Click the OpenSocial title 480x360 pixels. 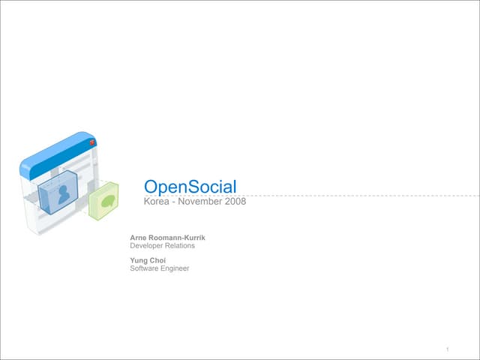(190, 187)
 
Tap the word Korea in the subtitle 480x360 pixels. (157, 202)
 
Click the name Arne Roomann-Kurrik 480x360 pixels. (167, 238)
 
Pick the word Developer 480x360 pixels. (146, 246)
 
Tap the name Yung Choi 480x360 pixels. (148, 260)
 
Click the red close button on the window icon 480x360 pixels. (92, 142)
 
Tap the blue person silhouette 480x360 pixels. (64, 195)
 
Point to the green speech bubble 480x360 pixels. (107, 201)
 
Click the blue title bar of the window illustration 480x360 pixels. (58, 155)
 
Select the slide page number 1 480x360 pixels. (448, 349)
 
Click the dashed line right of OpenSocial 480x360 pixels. (358, 196)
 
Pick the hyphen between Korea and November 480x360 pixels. (173, 202)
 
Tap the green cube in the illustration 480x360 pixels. (103, 201)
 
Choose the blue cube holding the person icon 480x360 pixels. (58, 193)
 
